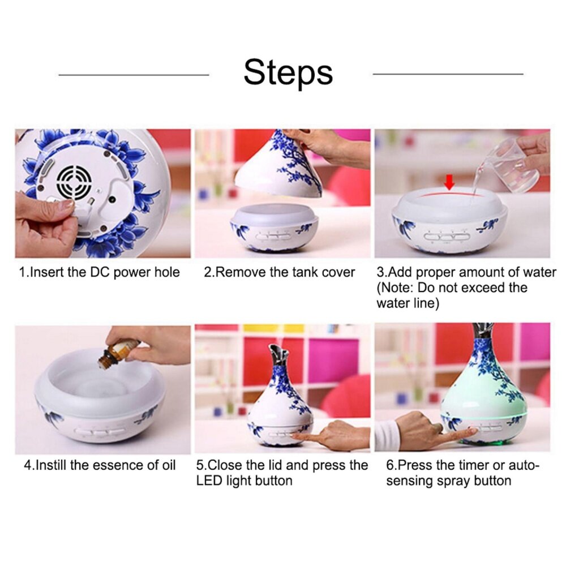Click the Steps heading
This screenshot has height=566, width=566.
coord(288,73)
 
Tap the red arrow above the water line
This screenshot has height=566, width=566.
coord(449,182)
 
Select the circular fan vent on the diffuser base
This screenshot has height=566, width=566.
coord(74,182)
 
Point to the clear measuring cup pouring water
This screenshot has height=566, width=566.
coord(511,165)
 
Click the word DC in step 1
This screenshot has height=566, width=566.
coord(97,272)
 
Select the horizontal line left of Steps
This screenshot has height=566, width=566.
coord(134,75)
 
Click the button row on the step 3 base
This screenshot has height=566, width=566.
coord(448,237)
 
